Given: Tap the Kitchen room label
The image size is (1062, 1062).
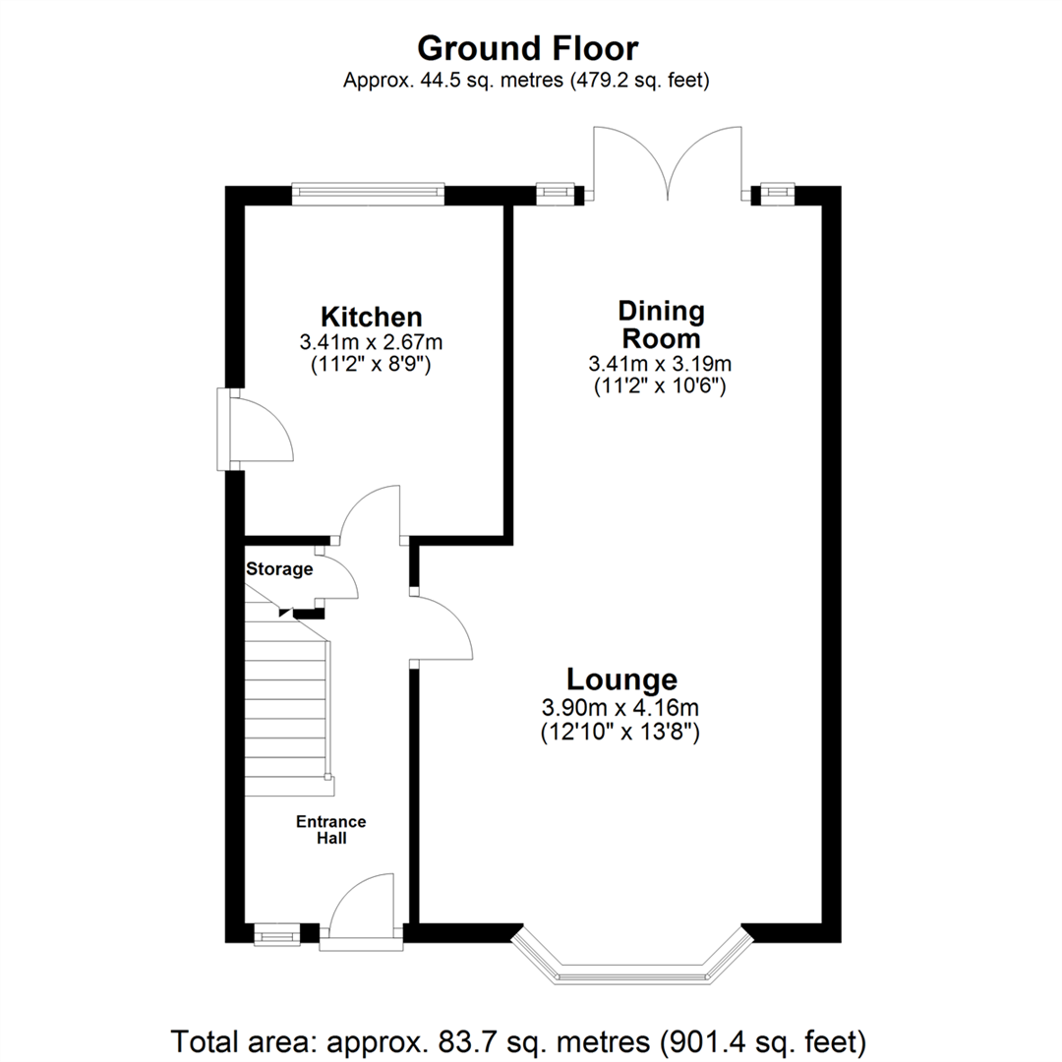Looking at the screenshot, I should tap(372, 317).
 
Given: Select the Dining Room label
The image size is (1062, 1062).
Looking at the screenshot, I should tap(661, 324).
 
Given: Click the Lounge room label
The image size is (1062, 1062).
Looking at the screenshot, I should tap(620, 679).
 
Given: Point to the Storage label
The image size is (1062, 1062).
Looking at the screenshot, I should tap(279, 568).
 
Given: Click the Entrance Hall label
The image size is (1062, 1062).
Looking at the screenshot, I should tap(331, 830).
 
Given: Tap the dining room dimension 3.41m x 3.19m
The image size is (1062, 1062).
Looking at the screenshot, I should tap(661, 364).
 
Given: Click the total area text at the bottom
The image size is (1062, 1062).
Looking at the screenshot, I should tap(519, 1038).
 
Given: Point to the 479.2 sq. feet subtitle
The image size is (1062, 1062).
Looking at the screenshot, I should tap(526, 82).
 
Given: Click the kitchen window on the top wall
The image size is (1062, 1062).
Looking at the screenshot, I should tap(368, 194).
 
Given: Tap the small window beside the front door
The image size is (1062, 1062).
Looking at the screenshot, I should tap(276, 932).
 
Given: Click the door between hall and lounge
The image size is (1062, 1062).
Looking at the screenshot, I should tap(442, 628).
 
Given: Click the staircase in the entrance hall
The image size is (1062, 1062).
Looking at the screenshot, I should tap(287, 708).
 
